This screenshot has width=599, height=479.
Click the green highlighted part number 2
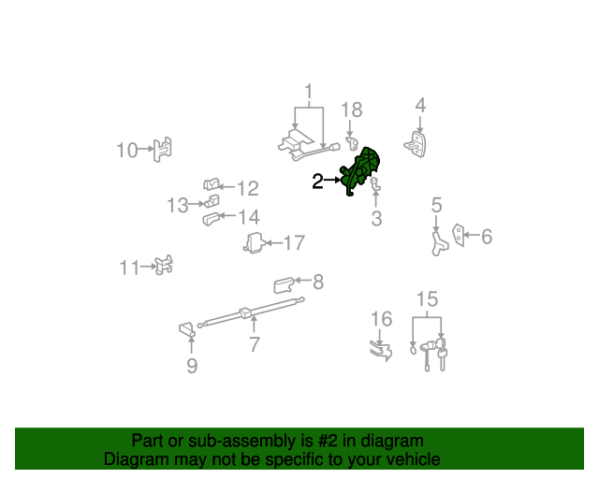tap(360, 170)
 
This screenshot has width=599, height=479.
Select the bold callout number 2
tap(317, 181)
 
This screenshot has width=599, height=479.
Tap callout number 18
tap(352, 110)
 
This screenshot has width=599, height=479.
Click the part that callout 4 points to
tap(416, 145)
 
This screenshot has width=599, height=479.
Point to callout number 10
tap(127, 150)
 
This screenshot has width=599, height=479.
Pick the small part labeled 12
tap(212, 184)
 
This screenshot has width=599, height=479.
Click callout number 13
tap(178, 205)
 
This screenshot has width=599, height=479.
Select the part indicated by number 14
tap(212, 219)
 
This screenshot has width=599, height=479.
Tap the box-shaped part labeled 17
tap(253, 243)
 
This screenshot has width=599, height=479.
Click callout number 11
tap(129, 268)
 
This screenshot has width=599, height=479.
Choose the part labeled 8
tap(284, 285)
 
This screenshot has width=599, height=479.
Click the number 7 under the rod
tap(255, 344)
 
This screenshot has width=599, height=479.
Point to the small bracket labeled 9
tap(187, 329)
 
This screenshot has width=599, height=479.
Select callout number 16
tap(381, 319)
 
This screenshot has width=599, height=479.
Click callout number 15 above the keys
tap(427, 299)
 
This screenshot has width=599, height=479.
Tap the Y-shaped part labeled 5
tap(439, 243)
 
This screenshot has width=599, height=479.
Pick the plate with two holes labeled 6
tap(458, 235)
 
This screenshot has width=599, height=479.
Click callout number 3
tap(376, 219)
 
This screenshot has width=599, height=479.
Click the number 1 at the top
tap(309, 92)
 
